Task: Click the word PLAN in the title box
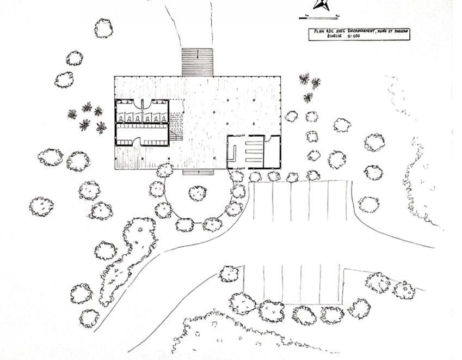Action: tap(315, 32)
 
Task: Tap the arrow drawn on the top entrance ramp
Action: tap(197, 56)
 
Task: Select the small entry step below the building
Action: tap(198, 173)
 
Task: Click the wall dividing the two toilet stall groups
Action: tap(143, 107)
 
